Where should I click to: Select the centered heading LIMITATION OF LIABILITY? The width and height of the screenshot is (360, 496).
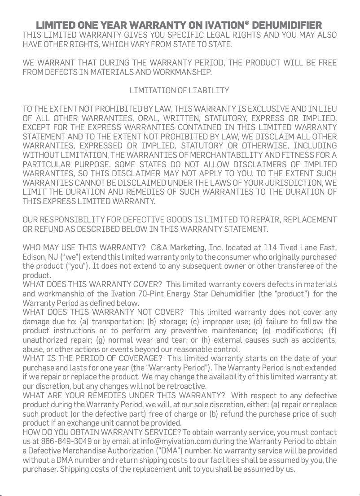point(179,91)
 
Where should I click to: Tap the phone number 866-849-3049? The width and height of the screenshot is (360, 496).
point(61,441)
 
